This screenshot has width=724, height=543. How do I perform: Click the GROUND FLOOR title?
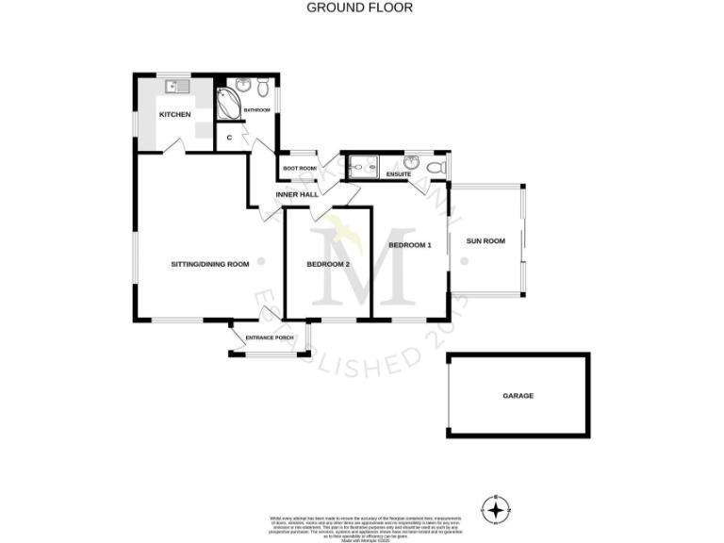(x=359, y=8)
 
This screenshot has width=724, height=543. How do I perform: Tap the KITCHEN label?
(x=174, y=115)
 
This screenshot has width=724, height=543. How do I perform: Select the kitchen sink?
(x=176, y=88)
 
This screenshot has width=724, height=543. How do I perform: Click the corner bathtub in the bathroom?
(x=228, y=104)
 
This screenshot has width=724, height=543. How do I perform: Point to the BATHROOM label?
(x=256, y=111)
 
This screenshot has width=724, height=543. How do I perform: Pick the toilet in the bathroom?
(x=264, y=89)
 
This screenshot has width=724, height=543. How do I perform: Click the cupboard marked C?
(x=230, y=137)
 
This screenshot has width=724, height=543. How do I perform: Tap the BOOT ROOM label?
(x=301, y=169)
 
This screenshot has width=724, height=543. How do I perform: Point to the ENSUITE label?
(x=399, y=174)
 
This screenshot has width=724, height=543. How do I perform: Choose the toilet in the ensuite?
(x=435, y=168)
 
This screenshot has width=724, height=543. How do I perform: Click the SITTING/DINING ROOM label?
(x=209, y=265)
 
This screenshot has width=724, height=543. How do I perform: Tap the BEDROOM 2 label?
(x=328, y=265)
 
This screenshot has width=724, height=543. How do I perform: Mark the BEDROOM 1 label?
(x=410, y=246)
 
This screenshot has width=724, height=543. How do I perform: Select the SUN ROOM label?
(x=486, y=241)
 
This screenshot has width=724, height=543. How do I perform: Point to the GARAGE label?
(x=518, y=396)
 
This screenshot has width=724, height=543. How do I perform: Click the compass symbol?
(x=495, y=510)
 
